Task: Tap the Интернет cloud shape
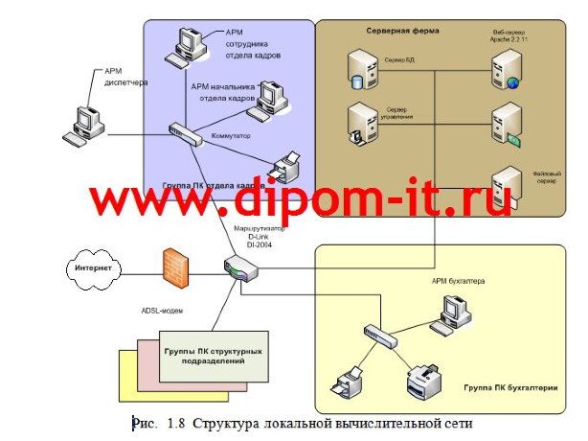point(94,269)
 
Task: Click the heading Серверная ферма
point(402,31)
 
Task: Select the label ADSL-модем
point(154,312)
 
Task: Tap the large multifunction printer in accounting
point(426,383)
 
